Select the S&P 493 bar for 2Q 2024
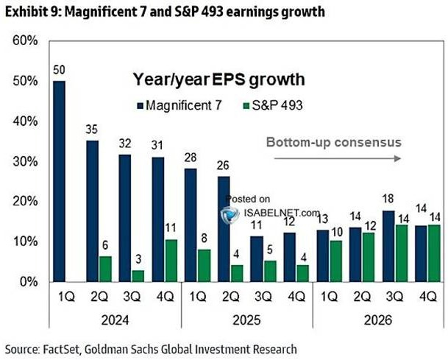(x=105, y=269)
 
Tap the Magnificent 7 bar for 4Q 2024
(x=158, y=219)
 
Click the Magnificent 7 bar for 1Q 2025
(x=190, y=225)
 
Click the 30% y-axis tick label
(x=24, y=161)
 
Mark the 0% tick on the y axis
(x=26, y=281)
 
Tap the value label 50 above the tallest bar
(x=59, y=71)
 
